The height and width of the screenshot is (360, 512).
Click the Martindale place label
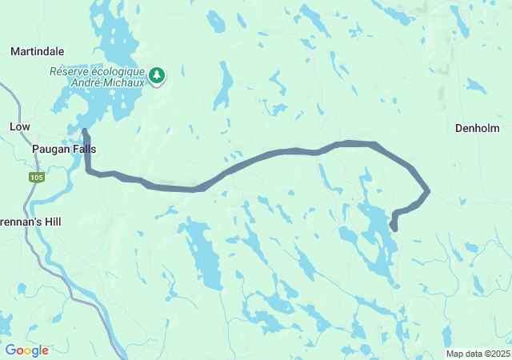(31, 51)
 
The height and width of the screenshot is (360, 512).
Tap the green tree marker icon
(158, 75)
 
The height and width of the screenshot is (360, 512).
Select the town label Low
(19, 127)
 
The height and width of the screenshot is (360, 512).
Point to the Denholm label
(477, 128)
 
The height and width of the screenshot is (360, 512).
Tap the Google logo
(26, 350)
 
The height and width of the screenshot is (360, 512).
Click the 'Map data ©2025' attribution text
(477, 354)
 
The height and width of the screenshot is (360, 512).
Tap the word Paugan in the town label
(50, 149)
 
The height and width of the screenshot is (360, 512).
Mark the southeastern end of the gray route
(394, 228)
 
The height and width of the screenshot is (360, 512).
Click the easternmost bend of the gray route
(428, 190)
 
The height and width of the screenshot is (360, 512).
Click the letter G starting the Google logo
(10, 350)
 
